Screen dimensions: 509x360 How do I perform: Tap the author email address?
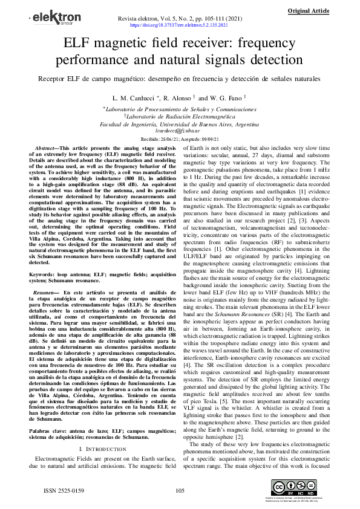pyautogui.click(x=180, y=131)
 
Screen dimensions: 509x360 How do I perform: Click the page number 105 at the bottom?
pyautogui.click(x=180, y=490)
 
